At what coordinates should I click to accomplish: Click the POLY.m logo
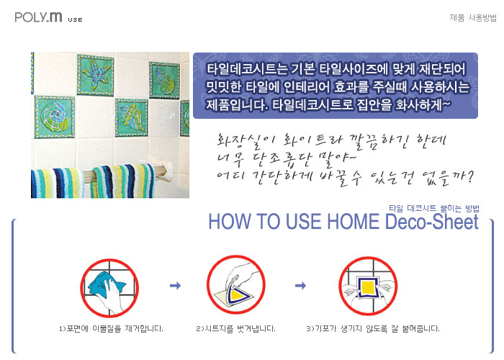tap(38, 17)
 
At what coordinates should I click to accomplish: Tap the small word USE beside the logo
tap(75, 19)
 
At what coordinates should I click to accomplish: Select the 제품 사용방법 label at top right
tap(473, 17)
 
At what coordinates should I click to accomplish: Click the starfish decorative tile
tap(96, 75)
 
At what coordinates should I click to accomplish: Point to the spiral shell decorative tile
tap(55, 117)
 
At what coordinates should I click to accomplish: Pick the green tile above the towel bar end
tap(132, 117)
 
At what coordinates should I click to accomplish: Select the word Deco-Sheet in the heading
tap(432, 222)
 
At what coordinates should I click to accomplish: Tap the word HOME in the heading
tap(354, 222)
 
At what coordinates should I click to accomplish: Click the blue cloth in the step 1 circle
tap(105, 284)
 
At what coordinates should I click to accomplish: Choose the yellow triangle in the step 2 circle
tap(237, 294)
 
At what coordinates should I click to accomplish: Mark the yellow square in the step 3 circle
tap(368, 287)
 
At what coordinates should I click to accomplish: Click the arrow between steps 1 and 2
tap(175, 285)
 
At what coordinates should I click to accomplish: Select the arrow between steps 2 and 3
tap(300, 285)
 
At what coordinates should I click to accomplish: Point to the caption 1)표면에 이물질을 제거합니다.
tap(111, 328)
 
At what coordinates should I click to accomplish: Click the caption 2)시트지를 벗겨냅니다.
tap(235, 328)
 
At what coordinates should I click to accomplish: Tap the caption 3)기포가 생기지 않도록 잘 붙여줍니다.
tap(372, 328)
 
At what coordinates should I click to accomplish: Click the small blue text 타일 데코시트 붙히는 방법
tap(434, 208)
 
